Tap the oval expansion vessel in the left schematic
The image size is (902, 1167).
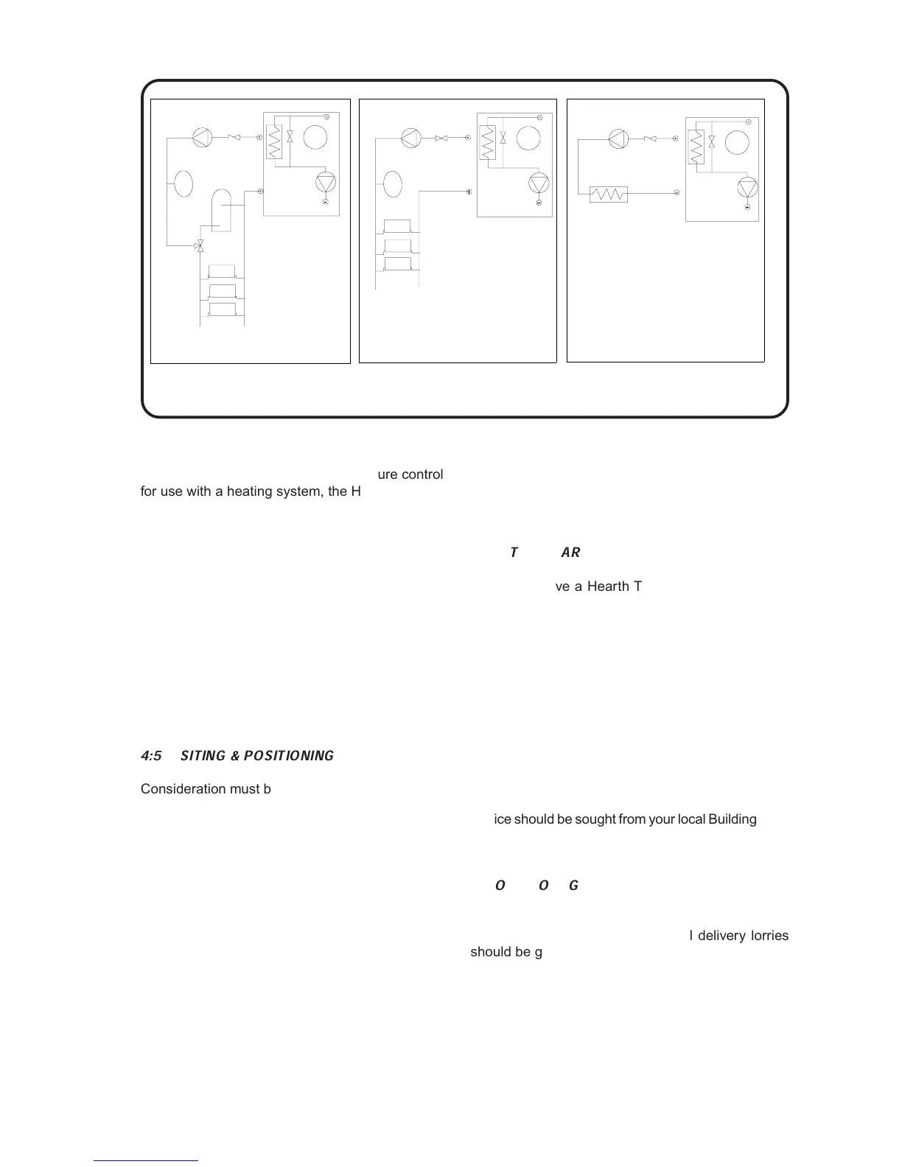[184, 183]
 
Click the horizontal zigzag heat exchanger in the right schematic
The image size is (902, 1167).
[609, 194]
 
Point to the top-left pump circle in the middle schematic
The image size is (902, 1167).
[410, 138]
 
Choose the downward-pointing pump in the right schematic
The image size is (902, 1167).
[747, 188]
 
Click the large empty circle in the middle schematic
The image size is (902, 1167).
[528, 138]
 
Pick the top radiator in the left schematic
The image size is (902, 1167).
[222, 271]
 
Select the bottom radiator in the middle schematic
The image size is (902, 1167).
[398, 264]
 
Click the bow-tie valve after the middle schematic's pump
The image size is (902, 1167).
[442, 138]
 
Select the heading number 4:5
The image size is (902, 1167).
[151, 756]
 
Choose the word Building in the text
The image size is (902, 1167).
[732, 819]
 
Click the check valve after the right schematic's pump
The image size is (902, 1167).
[650, 139]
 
